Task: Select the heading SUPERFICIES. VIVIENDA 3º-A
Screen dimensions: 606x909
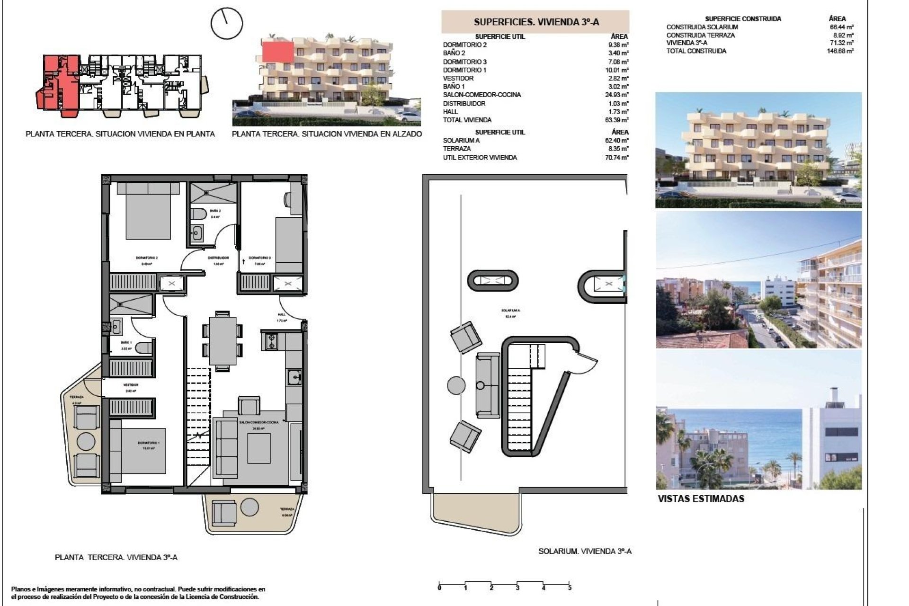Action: (536, 22)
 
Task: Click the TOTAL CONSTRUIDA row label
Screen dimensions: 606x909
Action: (696, 51)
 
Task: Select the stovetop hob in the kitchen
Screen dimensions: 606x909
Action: (272, 342)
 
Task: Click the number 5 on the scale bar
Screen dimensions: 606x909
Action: (570, 588)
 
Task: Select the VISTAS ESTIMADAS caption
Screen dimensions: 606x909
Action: (701, 499)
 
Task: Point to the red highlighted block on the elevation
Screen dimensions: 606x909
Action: (277, 51)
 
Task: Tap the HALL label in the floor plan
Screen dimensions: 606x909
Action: (282, 314)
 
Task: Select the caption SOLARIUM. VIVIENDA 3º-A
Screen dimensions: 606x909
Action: (585, 551)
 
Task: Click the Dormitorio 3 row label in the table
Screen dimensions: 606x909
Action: (464, 62)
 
